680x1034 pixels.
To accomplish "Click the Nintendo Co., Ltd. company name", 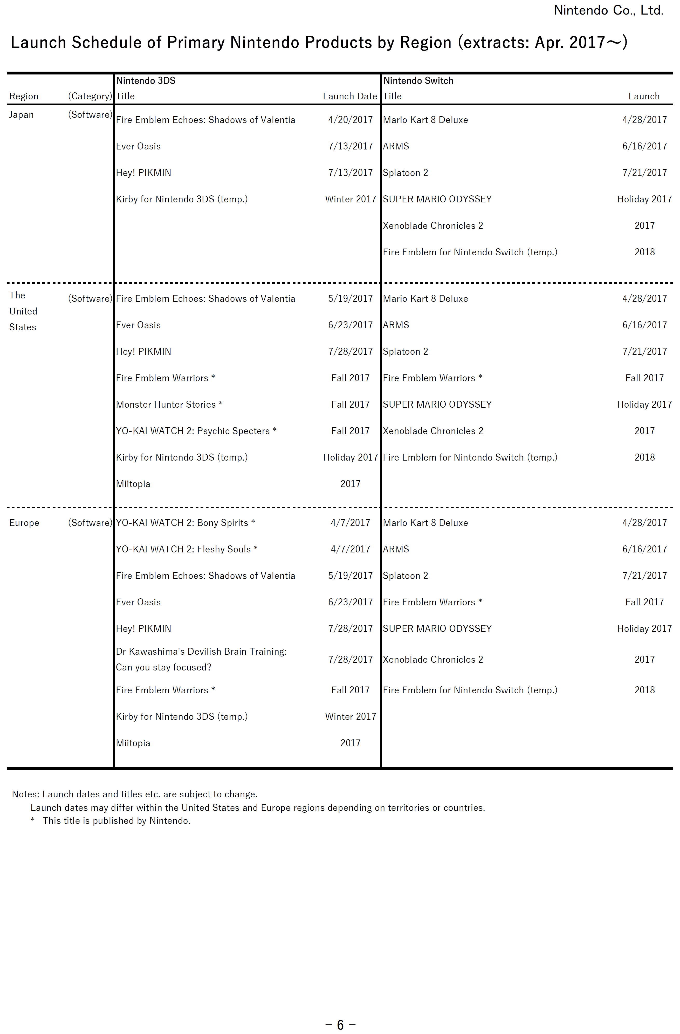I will point(608,10).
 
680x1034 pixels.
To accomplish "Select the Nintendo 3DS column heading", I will point(146,81).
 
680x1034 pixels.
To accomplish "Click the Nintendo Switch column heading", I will point(418,81).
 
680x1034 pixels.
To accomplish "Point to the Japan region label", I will point(21,115).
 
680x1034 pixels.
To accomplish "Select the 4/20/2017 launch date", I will point(350,120).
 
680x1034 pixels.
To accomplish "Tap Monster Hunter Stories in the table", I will point(166,405).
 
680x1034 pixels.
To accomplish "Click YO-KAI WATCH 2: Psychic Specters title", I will point(193,431).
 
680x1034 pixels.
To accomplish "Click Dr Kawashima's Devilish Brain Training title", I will point(201,652).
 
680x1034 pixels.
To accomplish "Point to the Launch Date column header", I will point(350,97).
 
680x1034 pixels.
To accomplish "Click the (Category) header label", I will point(90,97).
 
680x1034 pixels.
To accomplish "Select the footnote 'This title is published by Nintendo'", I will point(116,821).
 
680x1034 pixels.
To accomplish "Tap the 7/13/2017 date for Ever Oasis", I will point(350,146).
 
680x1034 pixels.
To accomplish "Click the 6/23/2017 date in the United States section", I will point(350,325).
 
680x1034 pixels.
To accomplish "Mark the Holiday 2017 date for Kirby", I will point(350,457).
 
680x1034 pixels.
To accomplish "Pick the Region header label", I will point(24,97).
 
